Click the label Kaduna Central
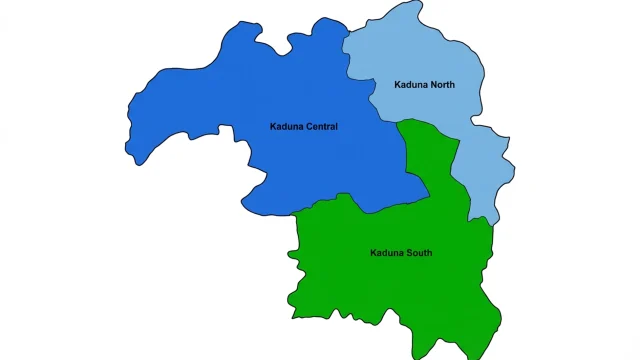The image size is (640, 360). pyautogui.click(x=304, y=127)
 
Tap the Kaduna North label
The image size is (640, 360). pyautogui.click(x=424, y=85)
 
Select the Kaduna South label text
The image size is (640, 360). pyautogui.click(x=400, y=253)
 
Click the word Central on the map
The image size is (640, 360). pyautogui.click(x=321, y=127)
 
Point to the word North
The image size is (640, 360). pyautogui.click(x=441, y=85)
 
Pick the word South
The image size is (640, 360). pyautogui.click(x=418, y=253)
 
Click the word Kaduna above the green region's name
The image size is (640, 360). pyautogui.click(x=385, y=253)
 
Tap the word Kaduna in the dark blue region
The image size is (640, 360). pyautogui.click(x=287, y=127)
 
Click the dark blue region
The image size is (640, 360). pyautogui.click(x=250, y=110)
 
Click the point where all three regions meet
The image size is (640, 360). pyautogui.click(x=399, y=121)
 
